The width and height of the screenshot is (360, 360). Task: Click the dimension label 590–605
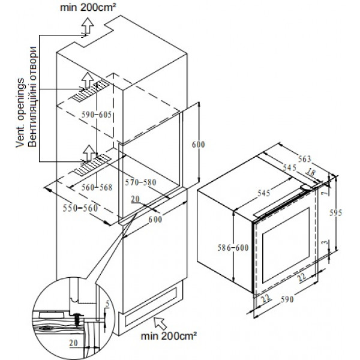[97, 115]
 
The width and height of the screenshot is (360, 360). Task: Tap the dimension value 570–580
[140, 182]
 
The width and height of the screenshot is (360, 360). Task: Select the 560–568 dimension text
[97, 187]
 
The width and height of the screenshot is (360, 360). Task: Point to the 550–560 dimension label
[80, 208]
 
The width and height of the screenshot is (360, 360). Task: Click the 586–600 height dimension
[233, 247]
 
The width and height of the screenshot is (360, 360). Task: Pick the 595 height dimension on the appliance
[335, 213]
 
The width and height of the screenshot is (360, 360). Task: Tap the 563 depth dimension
[304, 158]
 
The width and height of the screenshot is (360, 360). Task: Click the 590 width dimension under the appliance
[287, 299]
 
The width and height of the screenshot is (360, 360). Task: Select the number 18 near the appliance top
[310, 173]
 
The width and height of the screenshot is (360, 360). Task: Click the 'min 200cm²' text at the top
[88, 7]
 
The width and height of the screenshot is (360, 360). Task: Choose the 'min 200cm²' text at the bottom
[169, 336]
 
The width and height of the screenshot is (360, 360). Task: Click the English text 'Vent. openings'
[20, 113]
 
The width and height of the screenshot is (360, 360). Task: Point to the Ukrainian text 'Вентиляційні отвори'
[32, 97]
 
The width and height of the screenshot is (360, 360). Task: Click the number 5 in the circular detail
[107, 304]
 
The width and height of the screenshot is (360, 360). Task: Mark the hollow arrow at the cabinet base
[160, 323]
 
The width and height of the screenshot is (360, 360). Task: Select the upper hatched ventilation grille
[90, 92]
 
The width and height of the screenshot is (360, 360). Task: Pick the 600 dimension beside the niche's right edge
[199, 145]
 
